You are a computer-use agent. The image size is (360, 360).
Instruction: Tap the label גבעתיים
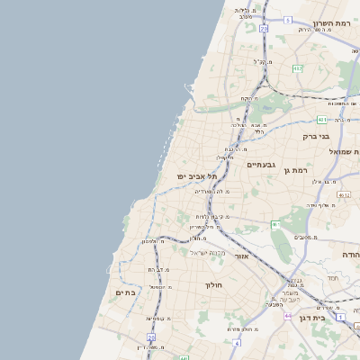pos(260,165)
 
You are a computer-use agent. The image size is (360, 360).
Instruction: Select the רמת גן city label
pos(294,169)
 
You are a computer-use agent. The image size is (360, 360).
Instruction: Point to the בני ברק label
pos(316,137)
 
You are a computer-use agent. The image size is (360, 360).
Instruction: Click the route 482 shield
pos(298,68)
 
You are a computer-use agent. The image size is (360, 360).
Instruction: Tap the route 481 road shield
pos(322,119)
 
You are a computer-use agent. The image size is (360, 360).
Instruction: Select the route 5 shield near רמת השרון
pos(287,19)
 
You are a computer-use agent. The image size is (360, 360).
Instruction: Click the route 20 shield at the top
pos(264,30)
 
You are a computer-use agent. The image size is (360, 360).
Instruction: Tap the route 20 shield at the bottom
pos(151,337)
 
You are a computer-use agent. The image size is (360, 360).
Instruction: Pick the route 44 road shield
pos(287,317)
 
